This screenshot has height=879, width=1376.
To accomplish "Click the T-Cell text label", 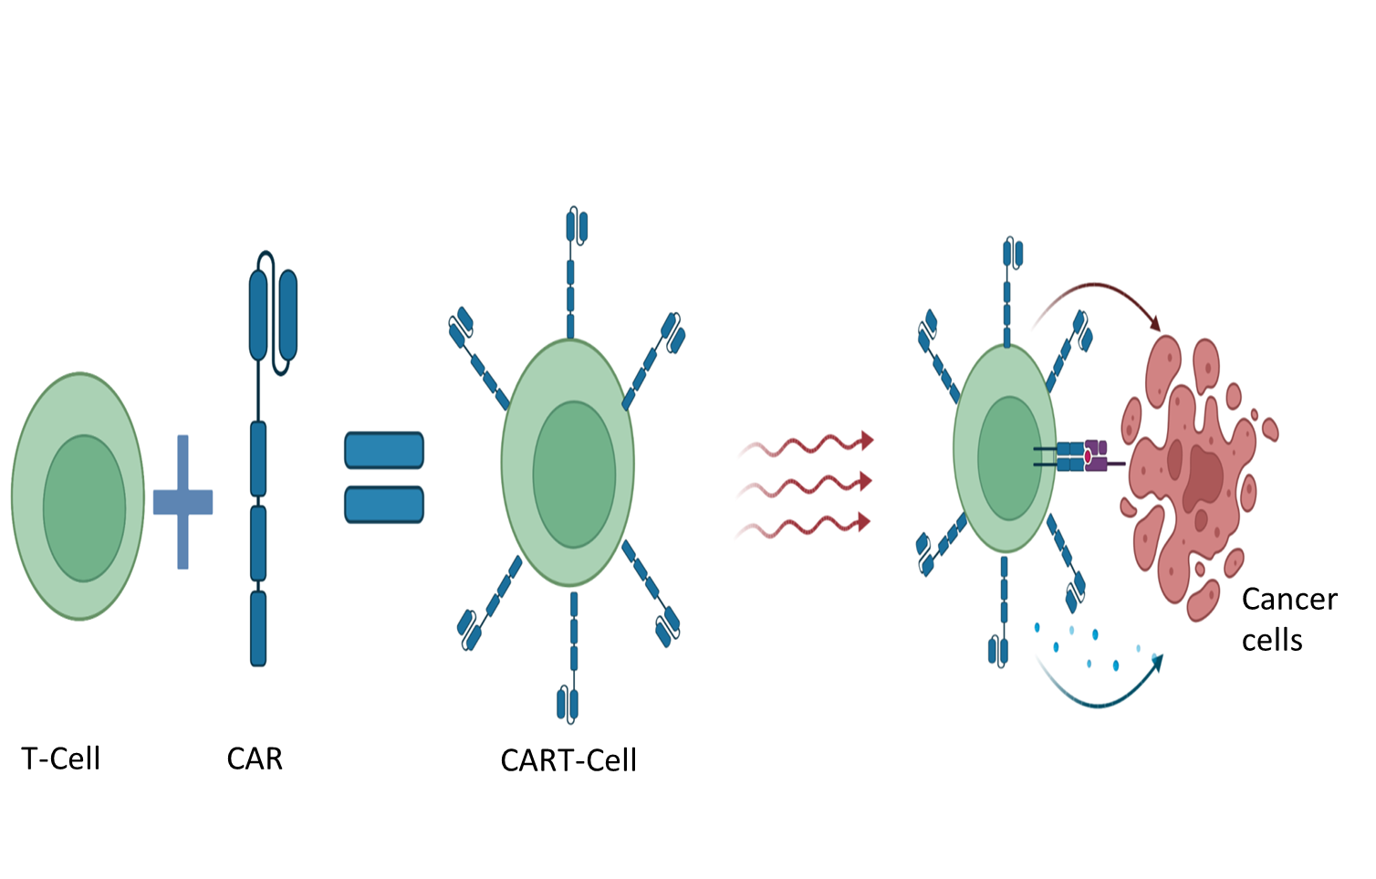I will click(61, 759).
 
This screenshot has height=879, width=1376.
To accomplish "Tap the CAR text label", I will click(255, 759).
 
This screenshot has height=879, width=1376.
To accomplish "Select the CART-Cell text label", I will click(568, 760).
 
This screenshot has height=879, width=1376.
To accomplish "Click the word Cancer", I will click(1289, 600).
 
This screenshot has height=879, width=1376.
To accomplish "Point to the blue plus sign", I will click(182, 502).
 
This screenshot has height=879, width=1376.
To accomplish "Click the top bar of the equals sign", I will click(384, 450).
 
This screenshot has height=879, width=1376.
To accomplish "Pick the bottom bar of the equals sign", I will click(384, 505).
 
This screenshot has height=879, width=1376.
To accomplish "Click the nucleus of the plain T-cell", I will click(84, 508).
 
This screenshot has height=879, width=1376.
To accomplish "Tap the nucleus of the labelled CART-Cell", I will click(574, 474).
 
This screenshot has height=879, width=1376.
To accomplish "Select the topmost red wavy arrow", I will click(808, 445).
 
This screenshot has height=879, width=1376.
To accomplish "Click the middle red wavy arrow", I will click(808, 485).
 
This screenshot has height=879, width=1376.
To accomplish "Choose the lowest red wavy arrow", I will click(808, 526).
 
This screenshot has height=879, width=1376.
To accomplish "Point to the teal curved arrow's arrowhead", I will click(1156, 661).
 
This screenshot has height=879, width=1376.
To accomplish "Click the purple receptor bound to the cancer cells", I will click(1096, 456).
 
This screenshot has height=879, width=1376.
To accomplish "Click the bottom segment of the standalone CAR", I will click(258, 628).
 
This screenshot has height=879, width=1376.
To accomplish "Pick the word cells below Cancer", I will click(1272, 641).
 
